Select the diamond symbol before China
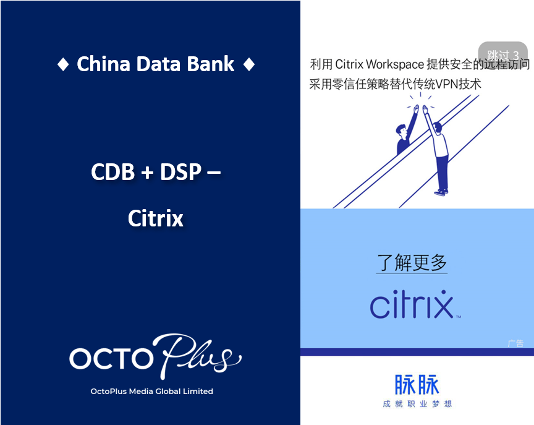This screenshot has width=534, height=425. [x=62, y=64]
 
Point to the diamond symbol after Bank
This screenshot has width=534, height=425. [x=248, y=64]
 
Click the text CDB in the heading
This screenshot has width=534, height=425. [x=112, y=172]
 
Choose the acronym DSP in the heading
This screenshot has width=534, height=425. [x=180, y=172]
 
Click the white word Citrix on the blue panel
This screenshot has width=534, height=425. [x=155, y=218]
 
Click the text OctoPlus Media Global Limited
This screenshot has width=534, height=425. [x=151, y=391]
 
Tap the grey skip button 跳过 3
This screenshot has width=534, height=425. [x=502, y=54]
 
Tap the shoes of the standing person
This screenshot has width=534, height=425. [x=440, y=192]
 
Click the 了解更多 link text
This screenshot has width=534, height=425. [x=412, y=263]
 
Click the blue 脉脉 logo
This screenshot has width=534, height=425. [x=417, y=385]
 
